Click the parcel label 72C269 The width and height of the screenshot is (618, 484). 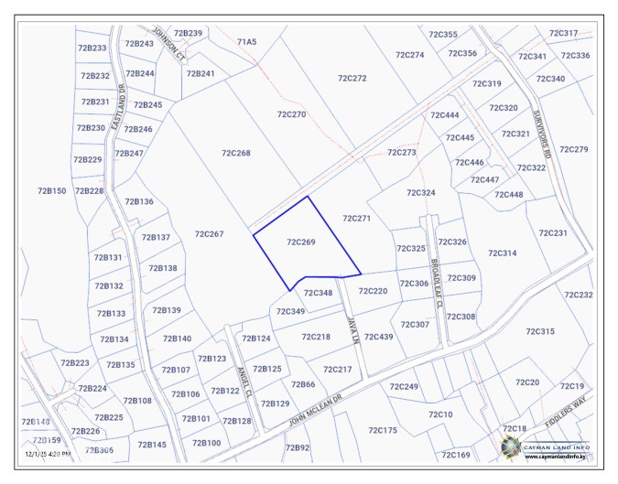pos(301,242)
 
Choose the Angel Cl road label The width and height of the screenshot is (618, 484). pos(244,381)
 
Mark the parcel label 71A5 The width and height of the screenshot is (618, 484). pos(246,41)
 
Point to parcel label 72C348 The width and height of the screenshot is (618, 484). pos(318,293)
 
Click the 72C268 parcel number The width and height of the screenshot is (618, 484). pos(236,153)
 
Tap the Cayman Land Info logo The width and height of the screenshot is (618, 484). pos(511,446)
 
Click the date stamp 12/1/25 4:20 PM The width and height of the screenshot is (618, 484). pos(49,453)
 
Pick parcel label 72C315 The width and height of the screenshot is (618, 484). pos(540,331)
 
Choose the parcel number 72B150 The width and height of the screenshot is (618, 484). pos(51,190)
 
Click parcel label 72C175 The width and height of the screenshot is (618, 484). pos(383,430)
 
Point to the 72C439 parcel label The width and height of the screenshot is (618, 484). pos(378,337)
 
